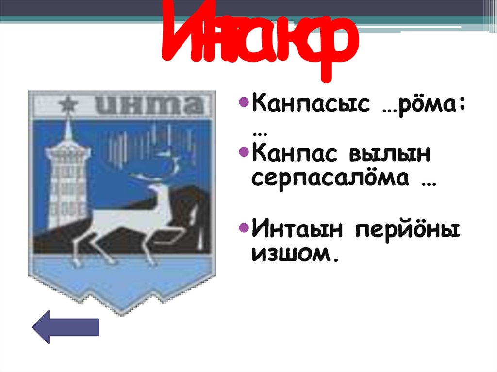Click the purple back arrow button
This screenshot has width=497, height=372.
(x=66, y=327)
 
